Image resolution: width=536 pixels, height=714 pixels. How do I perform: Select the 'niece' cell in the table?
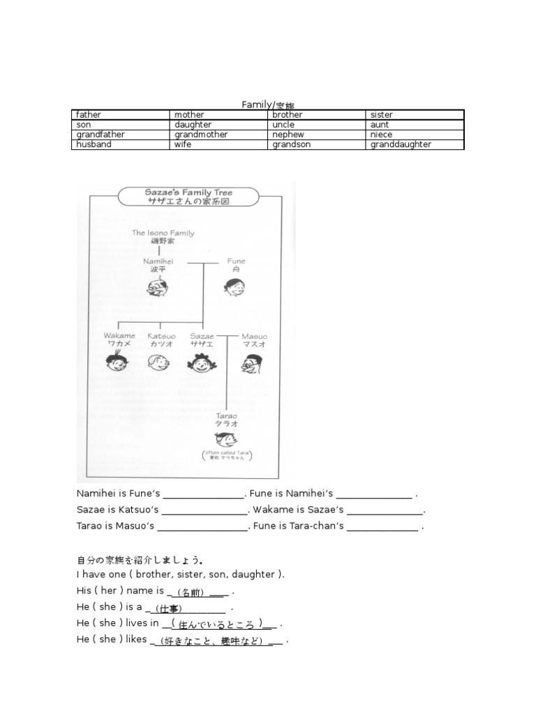pos(382,135)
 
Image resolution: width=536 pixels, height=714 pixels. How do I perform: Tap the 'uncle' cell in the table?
pos(283,125)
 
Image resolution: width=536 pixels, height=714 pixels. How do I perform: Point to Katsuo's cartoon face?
pos(160,361)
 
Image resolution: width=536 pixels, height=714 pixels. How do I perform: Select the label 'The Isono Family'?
pos(163,234)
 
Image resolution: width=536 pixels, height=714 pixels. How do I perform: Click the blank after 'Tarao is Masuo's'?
pos(202,526)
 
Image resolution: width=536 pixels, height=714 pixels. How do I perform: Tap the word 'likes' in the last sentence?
pos(136,639)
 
